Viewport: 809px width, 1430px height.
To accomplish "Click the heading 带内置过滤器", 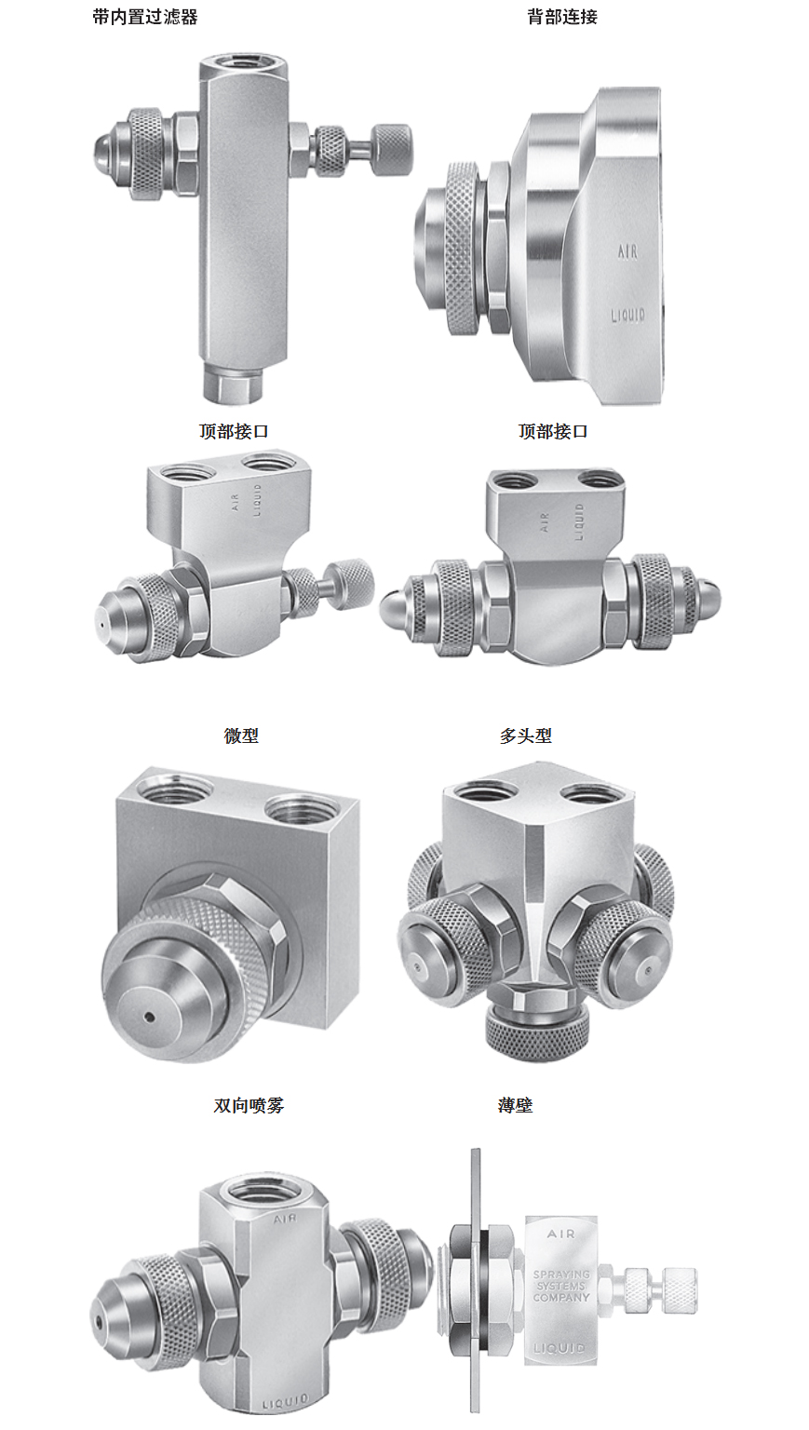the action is (x=145, y=17).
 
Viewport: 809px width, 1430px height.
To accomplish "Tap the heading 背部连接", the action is (x=562, y=17).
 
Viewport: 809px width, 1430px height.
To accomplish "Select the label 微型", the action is (x=241, y=735).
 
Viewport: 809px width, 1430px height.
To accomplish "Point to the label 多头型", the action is (x=525, y=735).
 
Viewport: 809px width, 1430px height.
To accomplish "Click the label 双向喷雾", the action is (x=249, y=1105).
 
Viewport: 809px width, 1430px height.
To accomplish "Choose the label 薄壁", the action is (x=515, y=1105).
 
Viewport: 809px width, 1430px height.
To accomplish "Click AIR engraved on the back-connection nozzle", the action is (x=627, y=252).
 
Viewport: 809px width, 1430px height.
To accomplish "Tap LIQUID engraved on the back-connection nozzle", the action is (x=628, y=315).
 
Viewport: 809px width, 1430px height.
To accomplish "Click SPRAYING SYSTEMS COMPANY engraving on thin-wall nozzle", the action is (x=561, y=1286).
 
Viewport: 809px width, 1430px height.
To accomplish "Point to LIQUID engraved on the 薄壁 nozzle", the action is (x=560, y=1348).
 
